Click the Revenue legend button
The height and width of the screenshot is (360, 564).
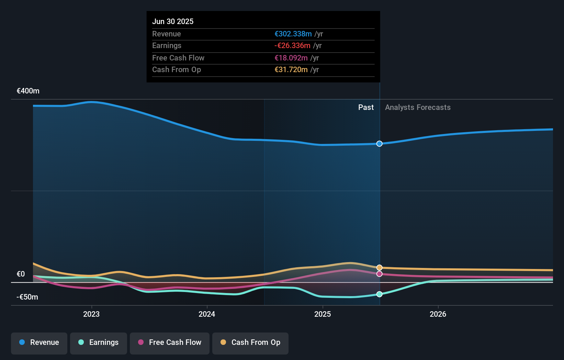click(x=39, y=342)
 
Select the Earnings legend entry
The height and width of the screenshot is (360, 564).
click(x=99, y=342)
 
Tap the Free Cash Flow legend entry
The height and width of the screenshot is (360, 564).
click(x=170, y=342)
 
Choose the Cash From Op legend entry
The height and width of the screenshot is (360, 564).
click(x=250, y=342)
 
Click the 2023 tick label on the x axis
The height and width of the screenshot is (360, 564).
click(x=91, y=314)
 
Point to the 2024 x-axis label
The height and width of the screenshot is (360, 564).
click(x=207, y=314)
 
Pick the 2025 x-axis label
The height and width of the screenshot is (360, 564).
click(x=323, y=314)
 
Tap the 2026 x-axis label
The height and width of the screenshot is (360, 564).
click(x=438, y=314)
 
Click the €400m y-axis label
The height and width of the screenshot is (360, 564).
click(x=28, y=91)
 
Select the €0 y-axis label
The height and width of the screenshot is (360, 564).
click(x=21, y=274)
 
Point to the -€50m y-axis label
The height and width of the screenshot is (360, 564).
click(x=27, y=297)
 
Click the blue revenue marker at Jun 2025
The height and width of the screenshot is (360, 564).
click(x=379, y=144)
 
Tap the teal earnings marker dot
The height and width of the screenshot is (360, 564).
click(x=379, y=294)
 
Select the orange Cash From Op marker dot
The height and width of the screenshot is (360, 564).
click(x=379, y=268)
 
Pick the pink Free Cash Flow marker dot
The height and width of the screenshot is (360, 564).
click(x=379, y=274)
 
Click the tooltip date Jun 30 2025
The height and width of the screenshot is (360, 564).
click(x=173, y=21)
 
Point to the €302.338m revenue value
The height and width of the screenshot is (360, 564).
click(x=293, y=34)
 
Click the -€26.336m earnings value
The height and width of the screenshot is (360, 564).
click(x=292, y=46)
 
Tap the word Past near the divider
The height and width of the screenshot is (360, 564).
click(x=366, y=108)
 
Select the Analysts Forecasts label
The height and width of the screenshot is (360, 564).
click(x=418, y=108)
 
